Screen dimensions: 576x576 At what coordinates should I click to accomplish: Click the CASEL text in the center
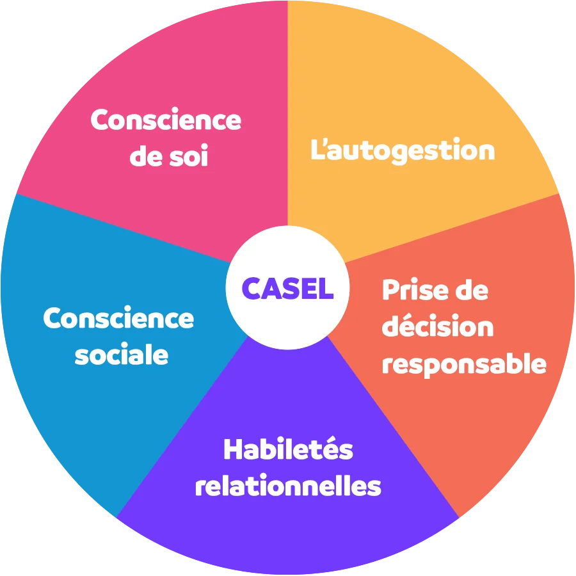click(x=288, y=289)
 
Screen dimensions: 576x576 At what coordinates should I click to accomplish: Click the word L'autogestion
click(x=403, y=151)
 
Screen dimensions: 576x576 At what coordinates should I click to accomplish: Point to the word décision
click(x=438, y=327)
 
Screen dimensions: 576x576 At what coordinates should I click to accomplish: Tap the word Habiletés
click(x=288, y=450)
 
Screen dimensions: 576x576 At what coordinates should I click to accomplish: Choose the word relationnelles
click(x=288, y=486)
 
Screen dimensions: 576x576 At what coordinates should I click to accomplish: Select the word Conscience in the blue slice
click(x=118, y=318)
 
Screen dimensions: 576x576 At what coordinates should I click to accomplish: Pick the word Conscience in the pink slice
click(x=166, y=120)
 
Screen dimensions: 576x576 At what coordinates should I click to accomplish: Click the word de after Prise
click(x=470, y=291)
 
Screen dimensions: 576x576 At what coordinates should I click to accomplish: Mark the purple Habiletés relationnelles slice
click(x=288, y=531)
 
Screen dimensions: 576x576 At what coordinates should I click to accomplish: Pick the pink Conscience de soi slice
click(x=160, y=64)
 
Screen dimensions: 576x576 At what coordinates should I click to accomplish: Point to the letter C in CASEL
click(x=251, y=289)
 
